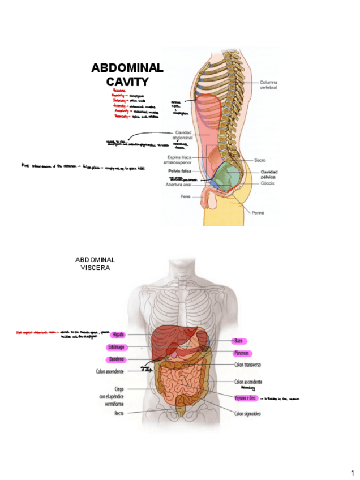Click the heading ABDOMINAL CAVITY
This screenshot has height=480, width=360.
127,75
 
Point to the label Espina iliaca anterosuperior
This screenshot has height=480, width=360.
183,160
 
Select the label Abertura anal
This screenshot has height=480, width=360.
179,185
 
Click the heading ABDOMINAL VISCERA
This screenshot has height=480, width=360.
95,263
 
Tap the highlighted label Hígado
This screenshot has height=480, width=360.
118,335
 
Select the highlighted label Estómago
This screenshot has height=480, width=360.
117,346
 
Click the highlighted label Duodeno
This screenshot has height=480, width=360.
117,359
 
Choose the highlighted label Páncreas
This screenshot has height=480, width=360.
243,353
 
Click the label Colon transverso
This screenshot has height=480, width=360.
247,365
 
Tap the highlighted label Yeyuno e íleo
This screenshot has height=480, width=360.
246,398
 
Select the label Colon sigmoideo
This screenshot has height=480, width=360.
248,414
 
